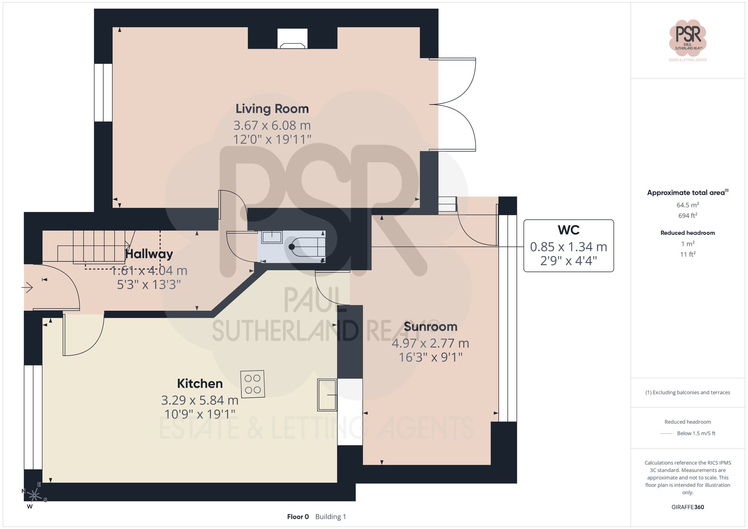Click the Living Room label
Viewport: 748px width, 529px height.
click(272, 109)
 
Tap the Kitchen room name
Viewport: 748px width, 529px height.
click(200, 384)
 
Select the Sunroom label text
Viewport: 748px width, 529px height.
click(430, 327)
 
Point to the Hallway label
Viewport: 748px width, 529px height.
click(149, 254)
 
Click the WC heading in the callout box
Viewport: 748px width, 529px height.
click(568, 230)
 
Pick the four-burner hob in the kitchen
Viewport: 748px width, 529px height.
click(252, 384)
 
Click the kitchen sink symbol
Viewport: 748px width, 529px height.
click(327, 395)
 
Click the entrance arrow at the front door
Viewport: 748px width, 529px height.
click(27, 287)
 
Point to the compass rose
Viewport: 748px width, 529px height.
click(34, 496)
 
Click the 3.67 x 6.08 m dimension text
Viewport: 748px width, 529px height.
click(272, 126)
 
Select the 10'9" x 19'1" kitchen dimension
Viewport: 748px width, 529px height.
click(200, 414)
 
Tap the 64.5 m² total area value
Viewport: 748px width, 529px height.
click(687, 205)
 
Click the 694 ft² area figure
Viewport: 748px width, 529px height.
click(687, 216)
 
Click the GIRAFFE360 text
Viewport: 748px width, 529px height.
click(687, 507)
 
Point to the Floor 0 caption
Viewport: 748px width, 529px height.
click(298, 517)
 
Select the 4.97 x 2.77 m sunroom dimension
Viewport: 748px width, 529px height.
click(430, 343)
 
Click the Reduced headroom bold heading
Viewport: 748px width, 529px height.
click(687, 233)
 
